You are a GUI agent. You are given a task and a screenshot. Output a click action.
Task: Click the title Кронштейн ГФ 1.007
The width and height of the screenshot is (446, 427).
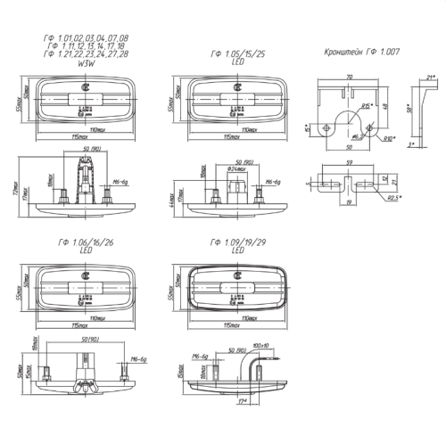tap(361, 52)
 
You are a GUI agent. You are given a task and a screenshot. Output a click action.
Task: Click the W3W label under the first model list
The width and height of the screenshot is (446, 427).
tap(87, 64)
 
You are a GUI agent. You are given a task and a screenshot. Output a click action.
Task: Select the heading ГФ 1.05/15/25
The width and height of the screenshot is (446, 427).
tap(234, 55)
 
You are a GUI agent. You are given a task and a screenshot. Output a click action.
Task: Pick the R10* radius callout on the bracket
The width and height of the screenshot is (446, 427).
tap(390, 139)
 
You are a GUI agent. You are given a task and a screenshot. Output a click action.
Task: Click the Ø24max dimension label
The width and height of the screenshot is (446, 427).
tap(235, 168)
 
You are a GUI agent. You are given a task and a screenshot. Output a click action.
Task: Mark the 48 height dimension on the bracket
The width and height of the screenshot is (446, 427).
tap(386, 107)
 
